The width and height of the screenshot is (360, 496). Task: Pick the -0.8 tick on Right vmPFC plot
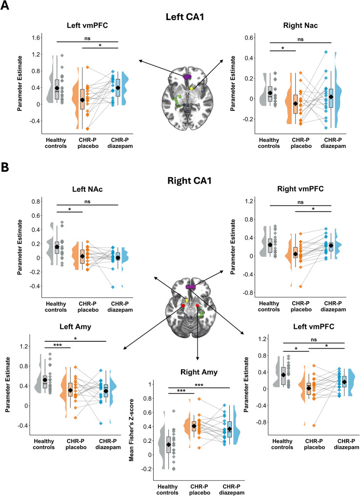246,293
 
